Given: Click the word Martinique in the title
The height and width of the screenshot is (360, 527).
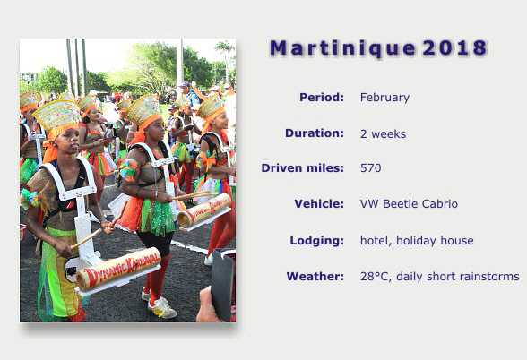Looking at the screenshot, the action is pos(342,48).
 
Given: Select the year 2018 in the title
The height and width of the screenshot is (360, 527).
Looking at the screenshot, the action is pos(454,47).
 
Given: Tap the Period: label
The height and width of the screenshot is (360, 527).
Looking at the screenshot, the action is pos(322,98).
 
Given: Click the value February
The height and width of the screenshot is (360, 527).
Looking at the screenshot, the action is pos(384,98).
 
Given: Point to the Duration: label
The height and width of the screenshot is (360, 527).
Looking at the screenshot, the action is pos(315,133).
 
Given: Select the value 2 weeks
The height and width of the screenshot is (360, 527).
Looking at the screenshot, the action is pos(384,134).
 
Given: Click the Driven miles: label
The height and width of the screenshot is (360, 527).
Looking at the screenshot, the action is pos(303,168).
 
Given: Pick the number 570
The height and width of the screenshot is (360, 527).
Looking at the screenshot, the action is pos(371,168).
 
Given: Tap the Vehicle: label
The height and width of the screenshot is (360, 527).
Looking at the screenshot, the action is pos(319,204).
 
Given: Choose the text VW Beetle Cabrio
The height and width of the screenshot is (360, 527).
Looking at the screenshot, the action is pos(409,204).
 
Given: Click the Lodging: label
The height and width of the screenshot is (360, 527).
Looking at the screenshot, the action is pos(317,240).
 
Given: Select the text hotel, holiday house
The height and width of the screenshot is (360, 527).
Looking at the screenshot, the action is pos(417,241).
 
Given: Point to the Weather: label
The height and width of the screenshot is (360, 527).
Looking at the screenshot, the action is pos(315,277).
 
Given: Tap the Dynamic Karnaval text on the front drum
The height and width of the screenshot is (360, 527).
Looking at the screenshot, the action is pos(123,267).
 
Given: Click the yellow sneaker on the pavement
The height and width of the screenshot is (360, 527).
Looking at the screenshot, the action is pos(162,309).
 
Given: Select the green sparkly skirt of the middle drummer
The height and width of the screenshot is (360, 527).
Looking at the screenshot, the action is pos(158,217).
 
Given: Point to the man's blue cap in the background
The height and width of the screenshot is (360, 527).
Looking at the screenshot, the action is pos(185,85).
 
